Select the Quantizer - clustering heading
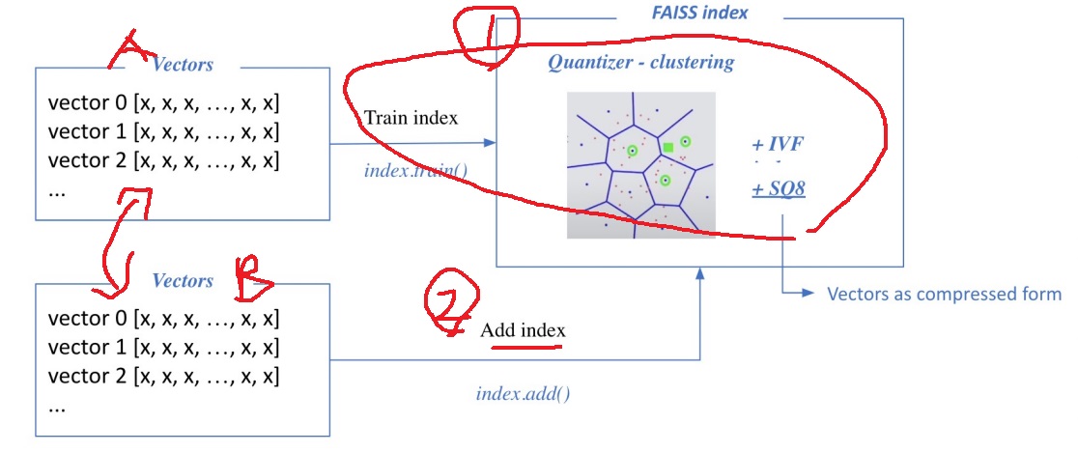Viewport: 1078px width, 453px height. point(640,63)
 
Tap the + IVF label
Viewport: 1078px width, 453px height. point(778,145)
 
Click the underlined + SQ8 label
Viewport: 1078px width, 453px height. point(779,190)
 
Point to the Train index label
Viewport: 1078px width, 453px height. point(411,118)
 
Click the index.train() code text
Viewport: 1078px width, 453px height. point(415,172)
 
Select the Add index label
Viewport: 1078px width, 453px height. point(523,330)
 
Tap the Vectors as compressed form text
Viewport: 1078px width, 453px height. point(944,294)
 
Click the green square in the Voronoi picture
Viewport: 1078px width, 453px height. point(667,147)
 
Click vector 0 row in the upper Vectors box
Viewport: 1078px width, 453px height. point(163,103)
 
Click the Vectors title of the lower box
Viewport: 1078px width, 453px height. point(183,281)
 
